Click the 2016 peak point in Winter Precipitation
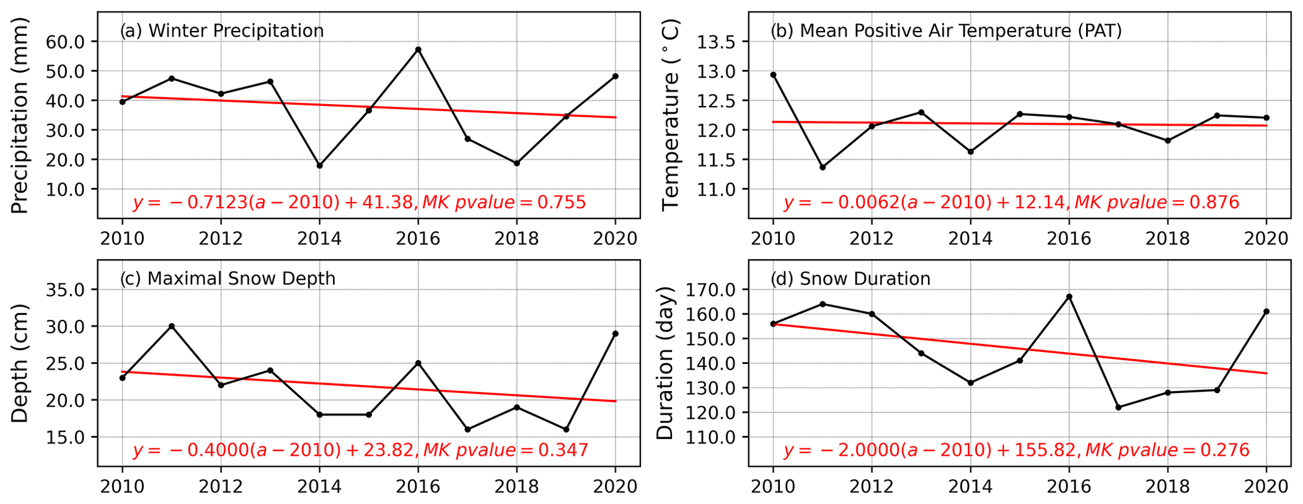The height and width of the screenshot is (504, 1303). tap(418, 49)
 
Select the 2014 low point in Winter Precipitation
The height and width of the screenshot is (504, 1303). tap(320, 165)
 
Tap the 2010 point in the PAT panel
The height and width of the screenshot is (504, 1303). tap(773, 74)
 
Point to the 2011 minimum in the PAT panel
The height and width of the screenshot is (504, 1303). tap(823, 167)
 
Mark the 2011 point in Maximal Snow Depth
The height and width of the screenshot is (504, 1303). tap(171, 326)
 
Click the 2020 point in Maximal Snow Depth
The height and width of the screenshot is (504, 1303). tap(615, 334)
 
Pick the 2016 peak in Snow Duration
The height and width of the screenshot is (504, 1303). tap(1069, 296)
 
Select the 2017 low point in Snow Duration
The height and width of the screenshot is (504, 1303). tap(1118, 407)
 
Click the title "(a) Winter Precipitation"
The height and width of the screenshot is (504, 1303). tap(222, 31)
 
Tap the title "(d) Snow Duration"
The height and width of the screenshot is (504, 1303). tap(850, 279)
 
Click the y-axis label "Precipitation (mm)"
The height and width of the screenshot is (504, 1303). tap(20, 115)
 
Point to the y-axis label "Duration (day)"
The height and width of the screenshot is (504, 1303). tap(666, 363)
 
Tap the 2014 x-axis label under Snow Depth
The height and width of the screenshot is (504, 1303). tap(320, 486)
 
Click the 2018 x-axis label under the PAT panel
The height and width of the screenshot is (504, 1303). tap(1167, 238)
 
